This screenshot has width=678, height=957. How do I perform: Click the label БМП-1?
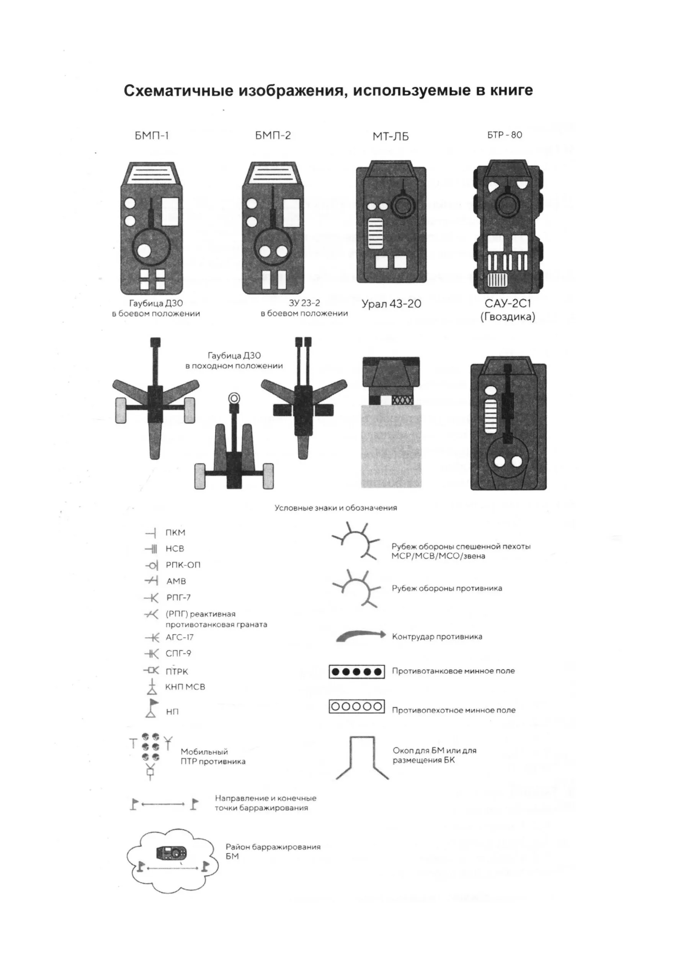(152, 136)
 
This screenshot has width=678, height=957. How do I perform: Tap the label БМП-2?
(273, 136)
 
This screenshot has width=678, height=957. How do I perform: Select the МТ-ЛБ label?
(390, 137)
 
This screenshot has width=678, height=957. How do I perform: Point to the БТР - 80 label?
(504, 135)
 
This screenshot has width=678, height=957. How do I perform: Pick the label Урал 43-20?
(391, 304)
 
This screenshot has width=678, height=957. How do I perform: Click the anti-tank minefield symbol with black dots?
(356, 672)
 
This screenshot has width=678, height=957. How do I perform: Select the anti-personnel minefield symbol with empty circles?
(356, 707)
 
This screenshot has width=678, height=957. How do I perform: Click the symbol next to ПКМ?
(151, 533)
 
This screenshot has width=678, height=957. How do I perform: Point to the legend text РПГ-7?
(178, 598)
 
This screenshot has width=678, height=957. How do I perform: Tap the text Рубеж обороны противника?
(447, 588)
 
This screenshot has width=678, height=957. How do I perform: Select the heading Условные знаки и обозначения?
(336, 508)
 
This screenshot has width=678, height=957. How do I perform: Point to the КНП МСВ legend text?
(185, 687)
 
